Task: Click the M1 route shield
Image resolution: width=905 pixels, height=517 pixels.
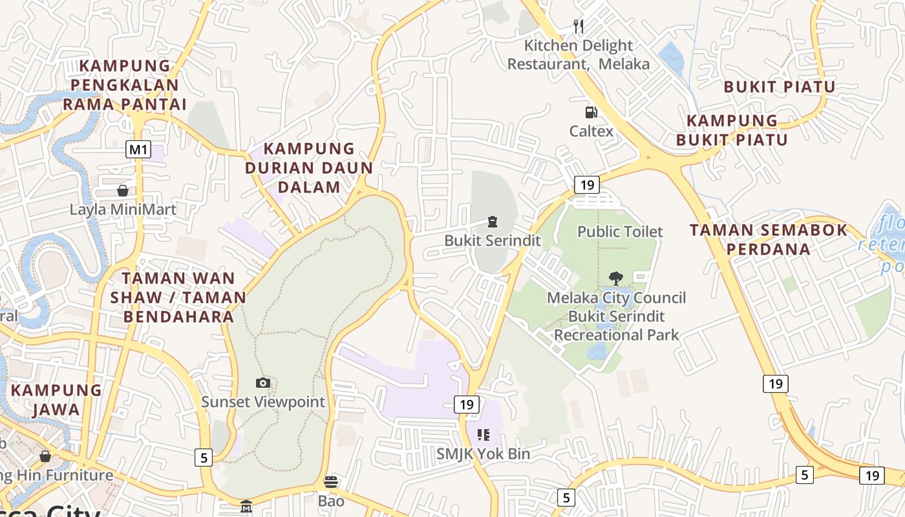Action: [138, 150]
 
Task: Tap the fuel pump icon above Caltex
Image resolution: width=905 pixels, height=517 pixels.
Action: [591, 112]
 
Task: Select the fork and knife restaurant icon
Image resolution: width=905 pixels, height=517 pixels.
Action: [579, 26]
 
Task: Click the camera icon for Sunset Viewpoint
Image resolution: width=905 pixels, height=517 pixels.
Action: [262, 383]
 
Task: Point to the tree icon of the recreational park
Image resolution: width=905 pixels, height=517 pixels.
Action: [616, 279]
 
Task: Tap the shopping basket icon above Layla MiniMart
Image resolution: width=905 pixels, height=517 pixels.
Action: [123, 191]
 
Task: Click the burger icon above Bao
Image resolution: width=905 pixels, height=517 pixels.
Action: [331, 481]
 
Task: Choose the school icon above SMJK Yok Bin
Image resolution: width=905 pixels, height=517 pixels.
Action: [483, 435]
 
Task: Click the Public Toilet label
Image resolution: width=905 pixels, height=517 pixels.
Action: [620, 231]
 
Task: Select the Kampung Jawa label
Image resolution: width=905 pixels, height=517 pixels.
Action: [56, 399]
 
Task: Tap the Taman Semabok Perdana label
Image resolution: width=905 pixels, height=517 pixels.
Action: [768, 239]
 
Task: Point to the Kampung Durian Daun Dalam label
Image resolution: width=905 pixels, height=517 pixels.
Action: [309, 168]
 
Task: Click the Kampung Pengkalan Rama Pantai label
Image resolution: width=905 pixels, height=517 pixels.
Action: [125, 85]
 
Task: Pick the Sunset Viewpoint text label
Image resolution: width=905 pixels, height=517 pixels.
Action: [263, 401]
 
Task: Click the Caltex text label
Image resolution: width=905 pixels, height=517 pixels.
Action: [591, 131]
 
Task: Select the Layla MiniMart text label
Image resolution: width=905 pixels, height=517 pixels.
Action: [123, 209]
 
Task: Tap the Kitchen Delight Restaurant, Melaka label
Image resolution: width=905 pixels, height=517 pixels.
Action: [578, 54]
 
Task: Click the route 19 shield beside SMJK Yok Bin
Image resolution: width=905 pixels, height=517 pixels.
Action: [466, 405]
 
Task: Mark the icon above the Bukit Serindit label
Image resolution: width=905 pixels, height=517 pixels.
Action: [493, 222]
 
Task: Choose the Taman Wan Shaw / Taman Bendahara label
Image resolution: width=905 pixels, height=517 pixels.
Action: [178, 297]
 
